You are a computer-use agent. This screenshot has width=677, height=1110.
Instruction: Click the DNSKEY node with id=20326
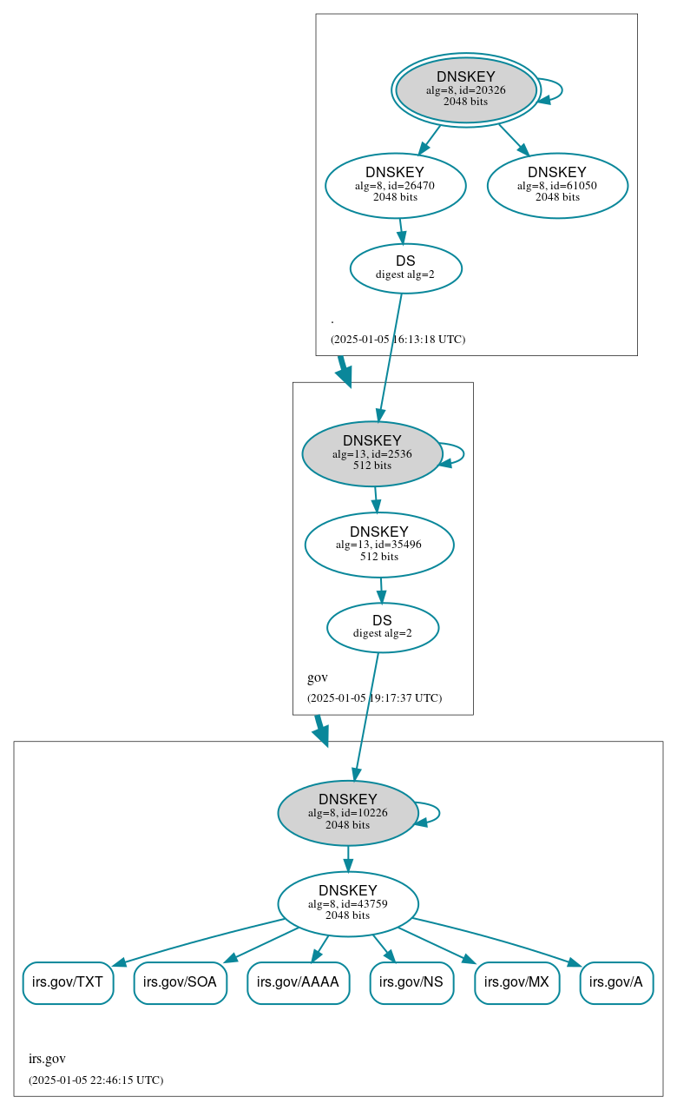click(x=466, y=90)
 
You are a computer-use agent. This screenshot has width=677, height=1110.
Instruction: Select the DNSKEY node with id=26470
click(x=395, y=185)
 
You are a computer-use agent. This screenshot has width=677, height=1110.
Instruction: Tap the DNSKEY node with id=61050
click(x=557, y=185)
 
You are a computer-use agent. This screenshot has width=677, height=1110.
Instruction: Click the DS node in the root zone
click(x=405, y=268)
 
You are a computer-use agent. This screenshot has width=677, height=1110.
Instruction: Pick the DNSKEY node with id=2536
click(x=372, y=453)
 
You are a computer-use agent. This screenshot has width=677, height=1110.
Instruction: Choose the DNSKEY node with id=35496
click(x=379, y=545)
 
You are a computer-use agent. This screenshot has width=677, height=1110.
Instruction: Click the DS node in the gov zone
click(x=382, y=627)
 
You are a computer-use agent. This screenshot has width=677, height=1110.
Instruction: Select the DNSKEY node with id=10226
click(x=348, y=813)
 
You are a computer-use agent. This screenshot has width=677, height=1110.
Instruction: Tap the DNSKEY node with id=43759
click(x=348, y=904)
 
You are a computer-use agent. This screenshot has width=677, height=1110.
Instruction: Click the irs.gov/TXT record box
click(x=68, y=983)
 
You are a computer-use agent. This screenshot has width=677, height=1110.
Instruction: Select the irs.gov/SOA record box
click(x=181, y=983)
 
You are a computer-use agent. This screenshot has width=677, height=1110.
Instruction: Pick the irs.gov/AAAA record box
click(x=299, y=983)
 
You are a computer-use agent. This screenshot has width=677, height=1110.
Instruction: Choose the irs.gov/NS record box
click(x=411, y=983)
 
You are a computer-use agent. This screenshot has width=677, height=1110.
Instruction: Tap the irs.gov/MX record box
click(x=516, y=983)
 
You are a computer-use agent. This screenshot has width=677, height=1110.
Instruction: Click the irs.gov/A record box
click(x=616, y=983)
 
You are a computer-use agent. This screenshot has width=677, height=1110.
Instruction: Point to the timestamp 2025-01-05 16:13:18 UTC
click(x=398, y=340)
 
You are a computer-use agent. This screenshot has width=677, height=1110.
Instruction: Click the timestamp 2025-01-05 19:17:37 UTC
click(x=374, y=698)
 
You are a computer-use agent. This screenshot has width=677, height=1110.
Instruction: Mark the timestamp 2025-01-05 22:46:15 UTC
click(x=95, y=1080)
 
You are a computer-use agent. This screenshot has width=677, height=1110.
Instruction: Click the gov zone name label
click(x=318, y=677)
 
